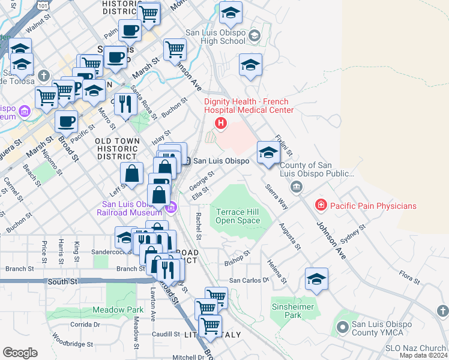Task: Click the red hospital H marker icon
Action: [221, 124]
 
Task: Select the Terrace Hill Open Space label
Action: [238, 216]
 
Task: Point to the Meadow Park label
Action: [118, 310]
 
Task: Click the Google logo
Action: [20, 352]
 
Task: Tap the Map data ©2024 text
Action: [423, 355]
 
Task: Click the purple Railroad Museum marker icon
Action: [171, 208]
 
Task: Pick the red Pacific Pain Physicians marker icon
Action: [321, 206]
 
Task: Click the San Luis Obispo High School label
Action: [215, 37]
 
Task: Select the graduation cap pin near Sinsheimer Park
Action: [316, 279]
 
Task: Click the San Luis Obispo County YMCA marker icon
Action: [342, 327]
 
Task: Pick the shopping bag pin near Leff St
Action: [131, 175]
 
